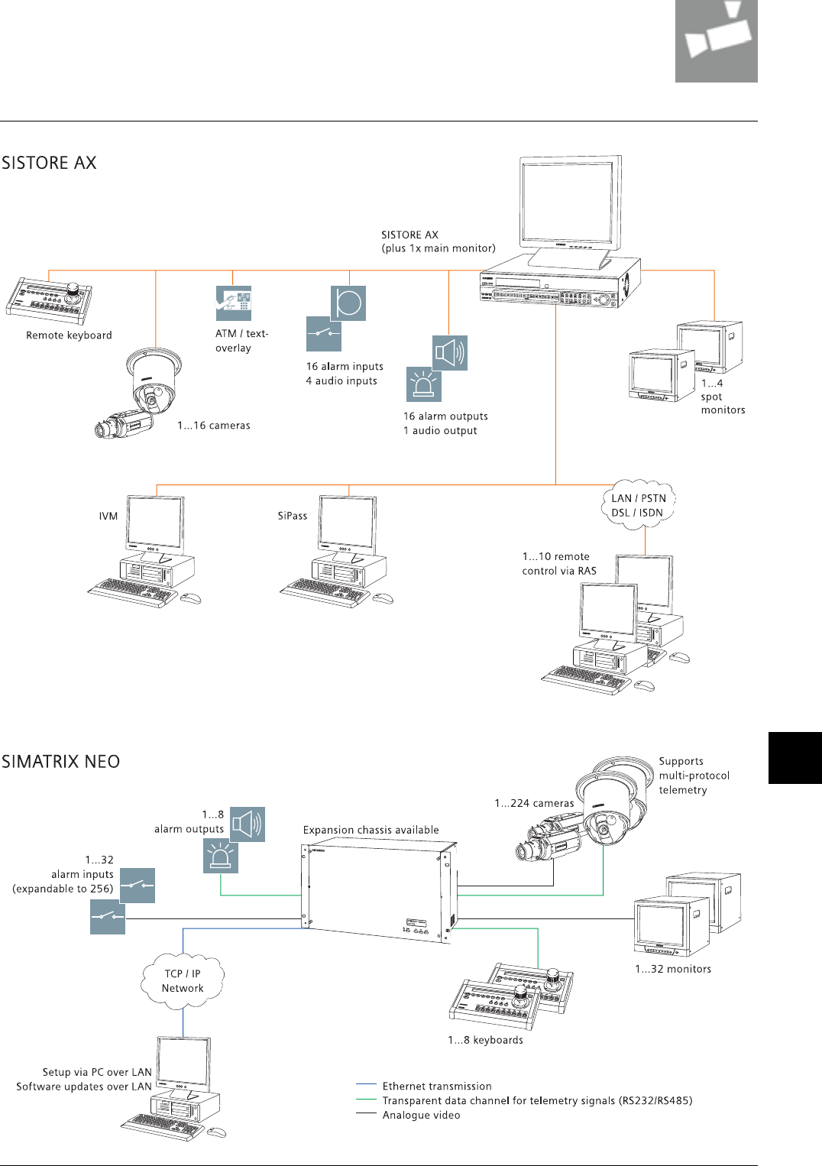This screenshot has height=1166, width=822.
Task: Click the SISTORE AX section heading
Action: [x=49, y=163]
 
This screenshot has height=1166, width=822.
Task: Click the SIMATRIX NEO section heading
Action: [x=60, y=762]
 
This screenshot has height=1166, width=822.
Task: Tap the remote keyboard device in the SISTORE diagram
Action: [x=50, y=301]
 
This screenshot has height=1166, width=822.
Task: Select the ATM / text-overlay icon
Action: [x=233, y=303]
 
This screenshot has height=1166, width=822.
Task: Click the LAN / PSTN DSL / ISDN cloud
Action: [x=639, y=505]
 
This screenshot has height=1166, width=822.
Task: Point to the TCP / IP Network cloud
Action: [x=183, y=980]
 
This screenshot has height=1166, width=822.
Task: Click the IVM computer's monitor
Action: [x=155, y=523]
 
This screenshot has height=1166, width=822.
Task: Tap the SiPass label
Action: [x=293, y=516]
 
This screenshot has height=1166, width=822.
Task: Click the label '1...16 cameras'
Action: [x=214, y=426]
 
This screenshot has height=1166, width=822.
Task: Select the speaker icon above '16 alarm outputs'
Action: [x=449, y=353]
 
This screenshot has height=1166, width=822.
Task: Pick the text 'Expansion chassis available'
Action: [x=371, y=830]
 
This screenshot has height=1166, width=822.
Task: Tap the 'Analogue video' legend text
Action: [x=421, y=1115]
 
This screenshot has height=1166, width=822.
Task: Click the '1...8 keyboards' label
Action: [x=485, y=1040]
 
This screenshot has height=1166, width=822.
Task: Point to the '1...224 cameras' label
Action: [x=534, y=803]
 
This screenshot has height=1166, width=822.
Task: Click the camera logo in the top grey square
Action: [x=716, y=38]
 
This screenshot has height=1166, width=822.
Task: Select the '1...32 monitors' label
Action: [x=673, y=969]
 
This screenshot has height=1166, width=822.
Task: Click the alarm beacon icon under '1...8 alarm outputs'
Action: [x=220, y=856]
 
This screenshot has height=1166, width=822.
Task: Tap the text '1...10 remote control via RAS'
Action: [x=559, y=564]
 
